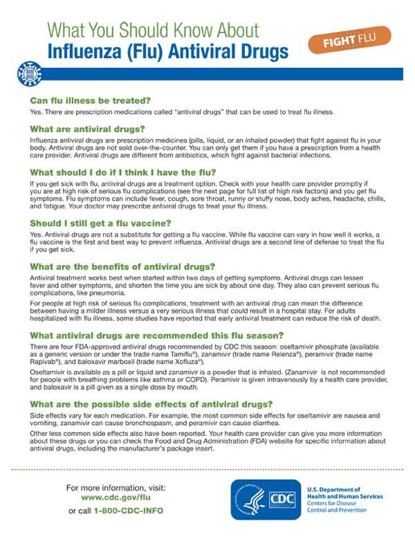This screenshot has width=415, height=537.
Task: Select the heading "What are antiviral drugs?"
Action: [x=87, y=129]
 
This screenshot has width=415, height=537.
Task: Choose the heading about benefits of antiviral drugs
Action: [x=123, y=266]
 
